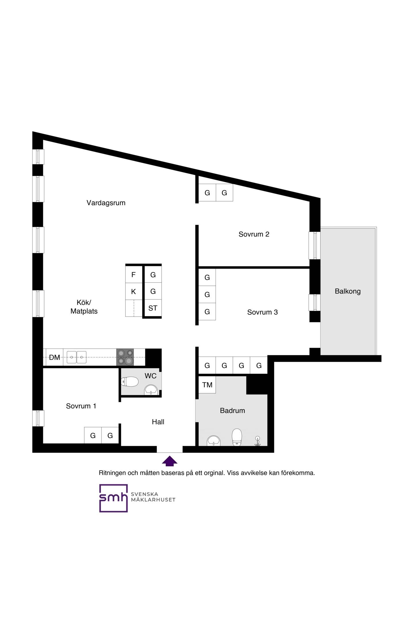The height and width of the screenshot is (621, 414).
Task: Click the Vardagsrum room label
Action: (x=106, y=203)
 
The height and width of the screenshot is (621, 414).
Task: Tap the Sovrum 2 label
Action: (x=254, y=234)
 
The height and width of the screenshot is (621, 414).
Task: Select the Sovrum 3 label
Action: (x=262, y=312)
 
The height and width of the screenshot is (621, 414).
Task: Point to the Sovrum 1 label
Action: (x=81, y=406)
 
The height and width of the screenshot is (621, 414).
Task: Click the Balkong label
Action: (x=348, y=292)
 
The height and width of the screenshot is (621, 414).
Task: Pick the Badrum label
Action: (x=232, y=411)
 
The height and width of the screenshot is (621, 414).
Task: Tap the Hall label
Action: (x=158, y=422)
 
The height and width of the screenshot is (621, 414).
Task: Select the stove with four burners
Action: (x=125, y=357)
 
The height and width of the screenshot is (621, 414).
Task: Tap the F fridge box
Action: (x=134, y=275)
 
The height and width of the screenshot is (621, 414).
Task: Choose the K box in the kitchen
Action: (x=134, y=292)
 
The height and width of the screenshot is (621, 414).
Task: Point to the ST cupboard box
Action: (x=153, y=308)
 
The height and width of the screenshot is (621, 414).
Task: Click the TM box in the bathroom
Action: (x=207, y=385)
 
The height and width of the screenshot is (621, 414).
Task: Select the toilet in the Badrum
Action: (x=237, y=437)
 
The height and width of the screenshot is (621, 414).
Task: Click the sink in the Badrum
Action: (x=214, y=440)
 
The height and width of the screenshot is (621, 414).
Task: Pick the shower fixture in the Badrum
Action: (x=258, y=441)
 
